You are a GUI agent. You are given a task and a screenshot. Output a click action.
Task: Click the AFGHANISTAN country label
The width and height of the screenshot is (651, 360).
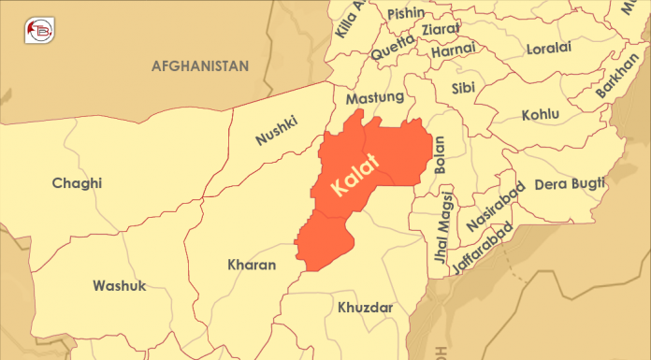click(200, 66)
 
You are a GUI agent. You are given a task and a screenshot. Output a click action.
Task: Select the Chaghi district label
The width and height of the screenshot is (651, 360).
click(77, 183)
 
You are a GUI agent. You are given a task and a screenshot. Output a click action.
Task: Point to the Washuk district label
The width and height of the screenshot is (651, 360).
click(119, 285)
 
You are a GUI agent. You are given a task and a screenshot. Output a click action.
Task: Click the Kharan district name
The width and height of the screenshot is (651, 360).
click(252, 266)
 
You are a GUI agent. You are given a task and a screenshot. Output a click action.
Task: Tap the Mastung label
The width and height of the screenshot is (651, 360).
click(374, 97)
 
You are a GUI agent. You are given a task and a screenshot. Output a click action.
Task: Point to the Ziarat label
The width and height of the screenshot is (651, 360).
click(440, 30)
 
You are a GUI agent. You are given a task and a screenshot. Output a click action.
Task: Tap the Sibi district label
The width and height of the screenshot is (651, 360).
click(463, 89)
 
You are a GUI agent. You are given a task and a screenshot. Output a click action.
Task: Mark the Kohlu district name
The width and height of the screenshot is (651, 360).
click(541, 114)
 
